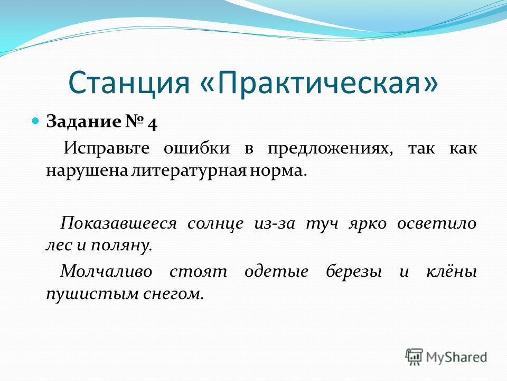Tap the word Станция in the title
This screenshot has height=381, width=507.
click(128, 83)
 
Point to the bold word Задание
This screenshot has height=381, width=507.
click(83, 122)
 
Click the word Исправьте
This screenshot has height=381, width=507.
click(106, 149)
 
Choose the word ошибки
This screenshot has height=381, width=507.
click(196, 149)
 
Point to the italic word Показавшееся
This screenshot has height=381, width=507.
click(118, 223)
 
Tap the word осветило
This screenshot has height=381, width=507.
click(437, 224)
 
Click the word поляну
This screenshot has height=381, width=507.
click(121, 246)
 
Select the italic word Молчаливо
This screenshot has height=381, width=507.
click(106, 271)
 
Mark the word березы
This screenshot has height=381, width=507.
click(354, 271)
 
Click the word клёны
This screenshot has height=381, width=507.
click(452, 271)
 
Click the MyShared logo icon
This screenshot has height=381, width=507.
click(414, 357)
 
